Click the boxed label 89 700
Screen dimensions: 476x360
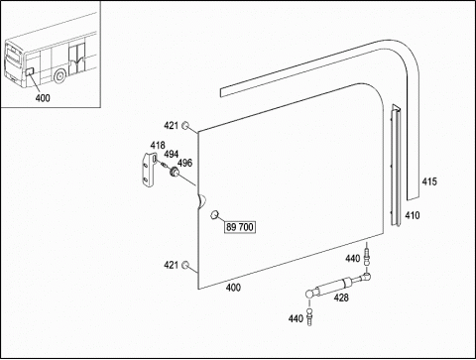click(x=240, y=227)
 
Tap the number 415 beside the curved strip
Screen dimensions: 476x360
click(x=429, y=181)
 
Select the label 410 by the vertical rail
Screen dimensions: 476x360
click(x=413, y=215)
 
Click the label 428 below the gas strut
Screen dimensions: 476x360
click(x=341, y=298)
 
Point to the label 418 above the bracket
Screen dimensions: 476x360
click(x=158, y=145)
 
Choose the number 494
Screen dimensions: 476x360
click(x=172, y=154)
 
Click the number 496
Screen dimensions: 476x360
click(x=184, y=163)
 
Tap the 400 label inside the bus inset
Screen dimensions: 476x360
click(x=43, y=98)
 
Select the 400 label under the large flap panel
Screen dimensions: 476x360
click(x=233, y=288)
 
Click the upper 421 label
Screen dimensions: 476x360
click(x=172, y=126)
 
